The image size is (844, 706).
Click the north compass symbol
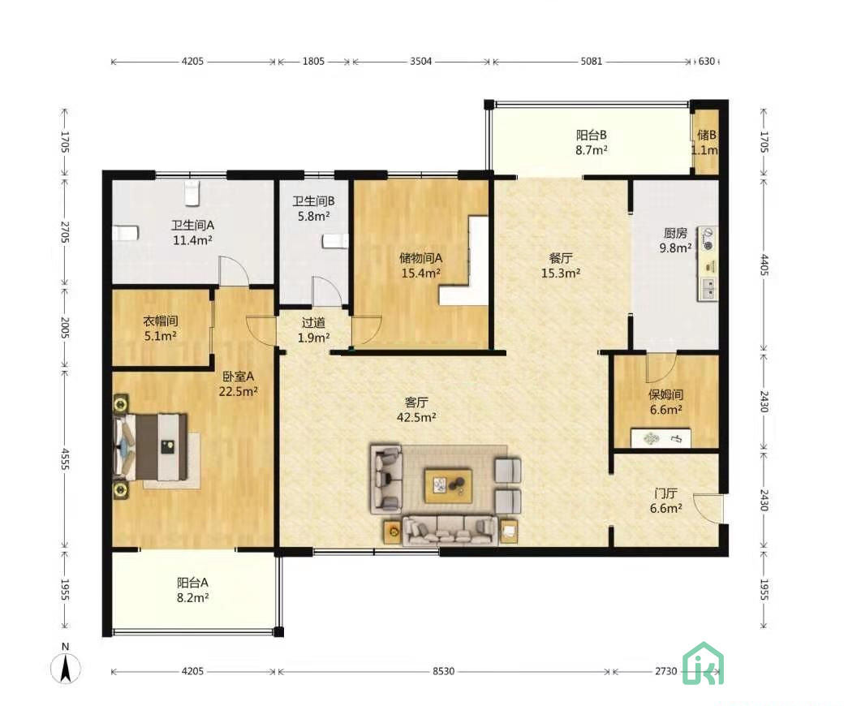coord(66,665)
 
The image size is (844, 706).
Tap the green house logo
coord(704,664)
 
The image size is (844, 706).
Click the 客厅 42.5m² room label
coord(416,410)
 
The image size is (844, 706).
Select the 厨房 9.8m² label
coord(675,240)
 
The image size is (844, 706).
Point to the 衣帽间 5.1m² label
coord(161,328)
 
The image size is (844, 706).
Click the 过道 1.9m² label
coord(313,329)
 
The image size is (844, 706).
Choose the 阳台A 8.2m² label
coord(192,590)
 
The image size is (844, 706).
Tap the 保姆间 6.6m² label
coord(665,402)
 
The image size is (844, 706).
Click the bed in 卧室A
coord(151,446)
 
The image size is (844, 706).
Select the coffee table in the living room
coord(448,486)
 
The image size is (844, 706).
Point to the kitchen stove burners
coord(708,239)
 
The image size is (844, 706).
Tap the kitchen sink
coord(708,288)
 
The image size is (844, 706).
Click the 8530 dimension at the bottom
coord(444,671)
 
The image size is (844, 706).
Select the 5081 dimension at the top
coord(591,62)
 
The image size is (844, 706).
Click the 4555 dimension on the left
coord(65,459)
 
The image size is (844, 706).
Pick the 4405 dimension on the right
coord(764,265)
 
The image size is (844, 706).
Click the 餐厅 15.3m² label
coord(560,265)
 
